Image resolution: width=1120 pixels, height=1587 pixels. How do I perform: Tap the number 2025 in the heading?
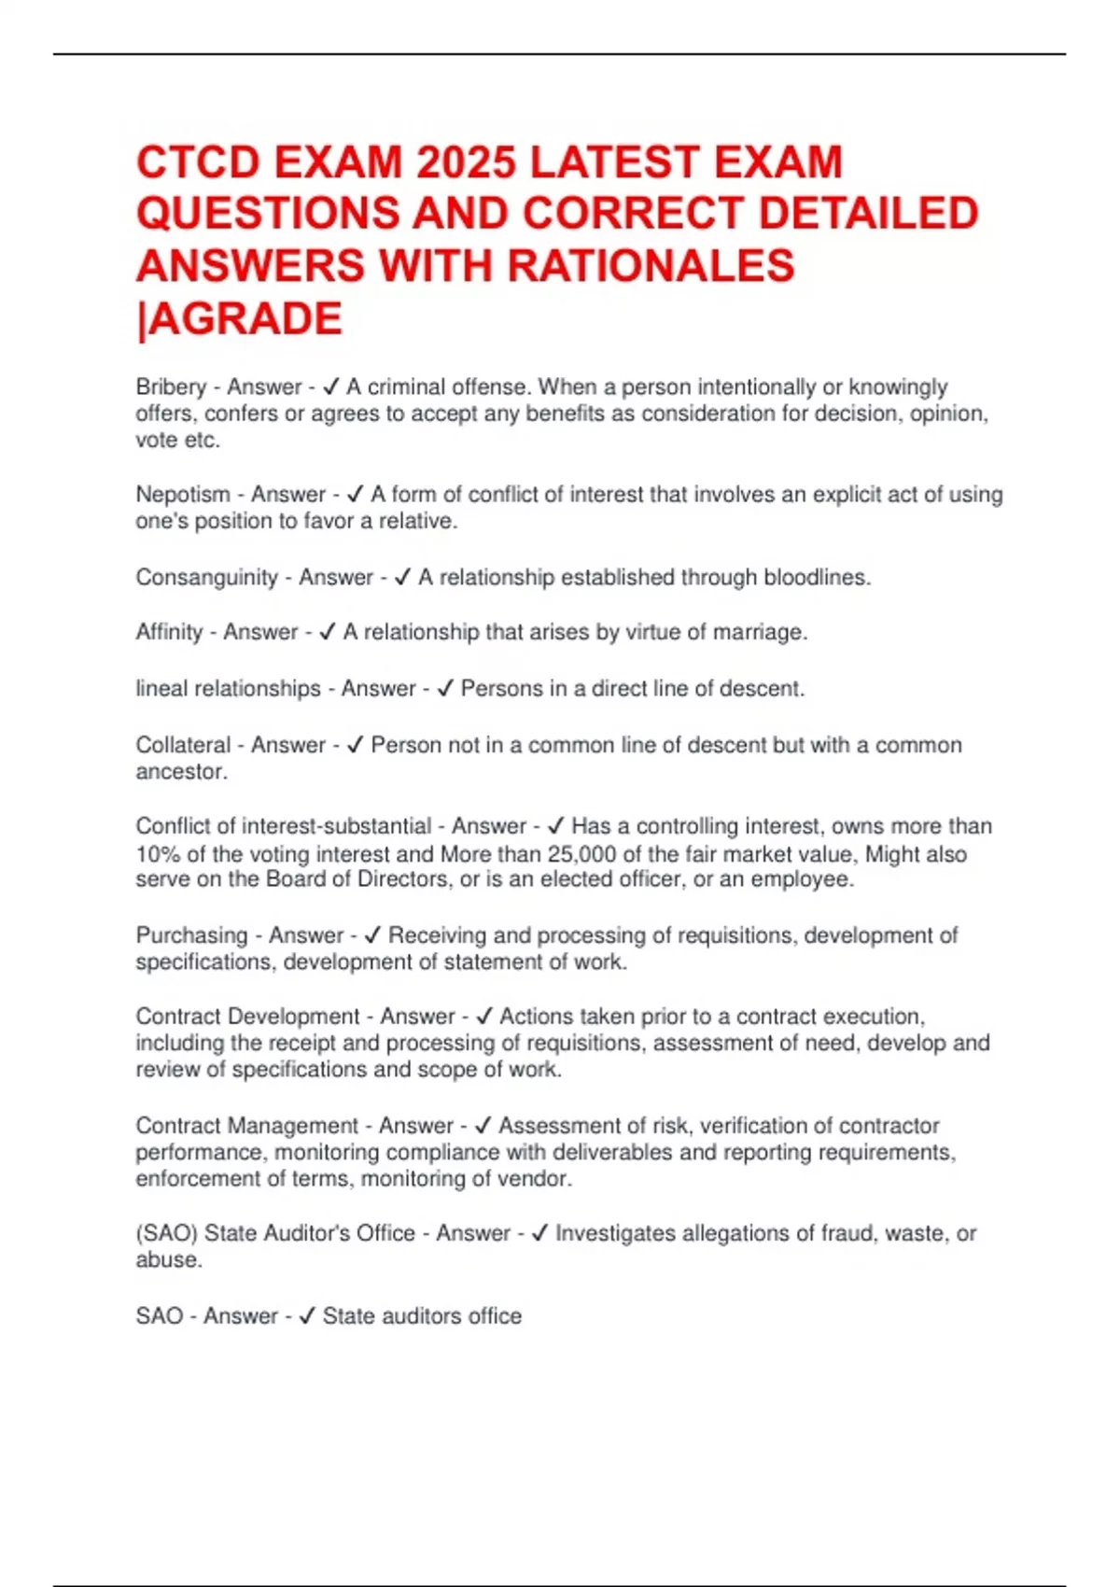point(466,162)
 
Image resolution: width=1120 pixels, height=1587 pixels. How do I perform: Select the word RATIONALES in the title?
point(651,266)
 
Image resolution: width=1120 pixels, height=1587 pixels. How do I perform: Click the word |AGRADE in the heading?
point(239,318)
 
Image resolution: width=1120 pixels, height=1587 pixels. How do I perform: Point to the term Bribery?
point(171,387)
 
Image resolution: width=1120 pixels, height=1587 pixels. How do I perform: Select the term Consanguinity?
point(206,578)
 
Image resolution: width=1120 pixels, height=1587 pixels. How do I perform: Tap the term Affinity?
point(169,633)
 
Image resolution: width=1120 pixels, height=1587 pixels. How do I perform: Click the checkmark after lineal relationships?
point(445,689)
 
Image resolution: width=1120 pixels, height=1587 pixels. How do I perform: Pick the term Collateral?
point(183,745)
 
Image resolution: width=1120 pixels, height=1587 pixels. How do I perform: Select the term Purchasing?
point(191,935)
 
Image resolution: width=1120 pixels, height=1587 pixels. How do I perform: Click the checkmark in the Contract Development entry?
point(483,1017)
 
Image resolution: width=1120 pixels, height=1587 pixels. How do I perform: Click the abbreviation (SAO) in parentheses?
point(166,1234)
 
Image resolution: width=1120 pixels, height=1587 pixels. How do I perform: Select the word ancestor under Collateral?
point(180,772)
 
